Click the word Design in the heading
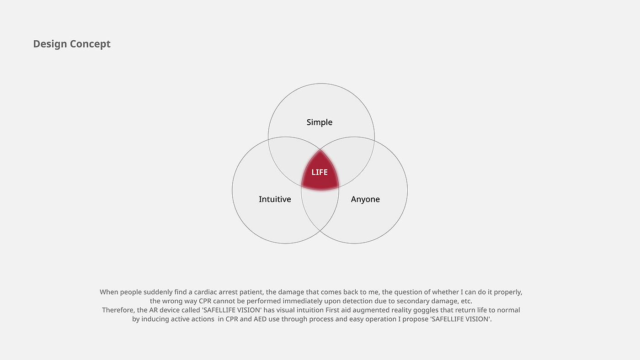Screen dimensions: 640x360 pos(50,44)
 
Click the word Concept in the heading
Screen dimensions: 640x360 pos(91,44)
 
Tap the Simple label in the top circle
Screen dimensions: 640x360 pos(320,122)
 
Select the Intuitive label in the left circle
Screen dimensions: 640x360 pos(275,199)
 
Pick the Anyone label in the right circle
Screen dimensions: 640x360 pos(365,199)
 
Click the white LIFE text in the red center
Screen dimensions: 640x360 pos(320,172)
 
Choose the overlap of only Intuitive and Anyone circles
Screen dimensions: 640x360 pos(320,208)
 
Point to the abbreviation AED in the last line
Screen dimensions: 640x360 pos(260,319)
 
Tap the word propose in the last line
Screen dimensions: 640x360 pos(416,319)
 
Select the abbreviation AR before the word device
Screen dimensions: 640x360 pos(154,310)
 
